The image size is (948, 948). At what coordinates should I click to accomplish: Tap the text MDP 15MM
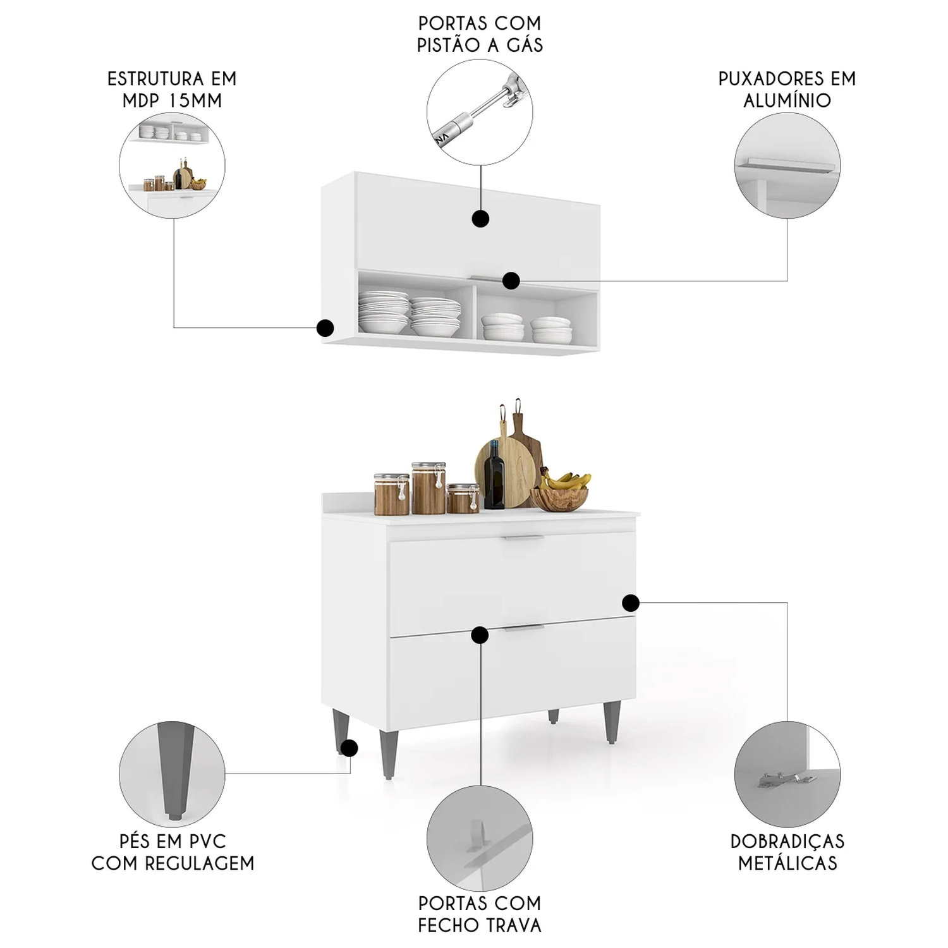(173, 100)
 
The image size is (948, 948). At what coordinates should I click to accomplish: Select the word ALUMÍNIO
(787, 100)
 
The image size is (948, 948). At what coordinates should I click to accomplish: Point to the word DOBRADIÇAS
(787, 841)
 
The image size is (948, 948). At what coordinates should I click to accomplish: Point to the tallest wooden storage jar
(428, 489)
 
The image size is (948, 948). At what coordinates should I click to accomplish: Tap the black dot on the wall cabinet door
(481, 219)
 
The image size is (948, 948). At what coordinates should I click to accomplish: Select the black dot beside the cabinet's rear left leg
(349, 748)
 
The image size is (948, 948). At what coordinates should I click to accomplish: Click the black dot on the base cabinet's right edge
(630, 603)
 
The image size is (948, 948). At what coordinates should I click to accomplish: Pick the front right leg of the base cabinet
(611, 723)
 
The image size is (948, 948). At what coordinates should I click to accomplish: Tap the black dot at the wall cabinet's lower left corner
(325, 328)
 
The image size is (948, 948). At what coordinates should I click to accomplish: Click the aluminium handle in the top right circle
(786, 164)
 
